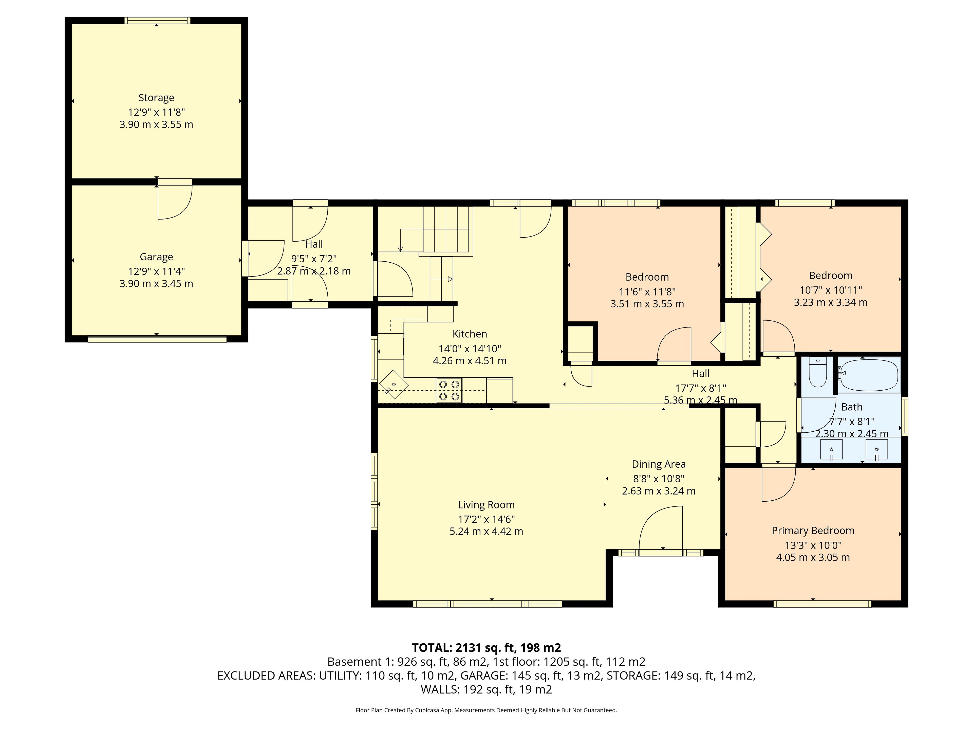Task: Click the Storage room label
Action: [156, 98]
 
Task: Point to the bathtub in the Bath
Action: [869, 375]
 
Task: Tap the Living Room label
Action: [486, 505]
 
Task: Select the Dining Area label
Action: [659, 464]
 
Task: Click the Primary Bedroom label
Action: [813, 531]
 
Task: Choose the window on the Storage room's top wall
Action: [157, 20]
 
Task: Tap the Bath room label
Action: [852, 407]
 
